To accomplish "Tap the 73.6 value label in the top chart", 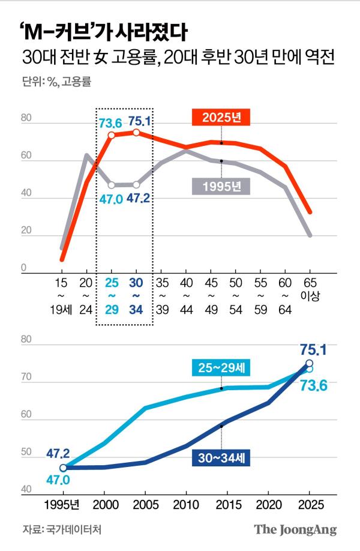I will coord(110,124).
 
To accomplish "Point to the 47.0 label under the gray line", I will coord(111,199).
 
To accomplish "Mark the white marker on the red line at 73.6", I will coord(111,136).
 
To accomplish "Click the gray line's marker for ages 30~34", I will coord(136,185).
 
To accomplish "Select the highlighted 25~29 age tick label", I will coord(111,294).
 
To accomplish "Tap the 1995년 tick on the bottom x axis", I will coord(63,505).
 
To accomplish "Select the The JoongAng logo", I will coord(295,529).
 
